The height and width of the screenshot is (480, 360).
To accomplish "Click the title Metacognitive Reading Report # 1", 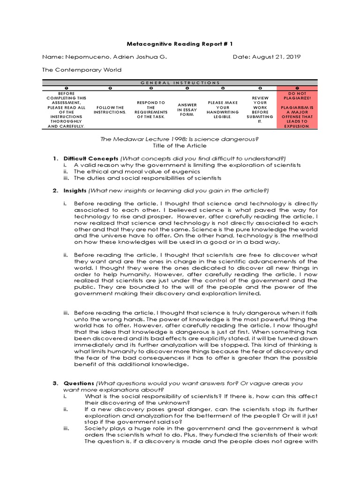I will [x=180, y=44].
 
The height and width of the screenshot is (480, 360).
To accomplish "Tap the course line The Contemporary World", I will [x=82, y=70].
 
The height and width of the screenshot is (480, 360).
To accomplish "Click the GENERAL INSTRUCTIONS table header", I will [x=180, y=82].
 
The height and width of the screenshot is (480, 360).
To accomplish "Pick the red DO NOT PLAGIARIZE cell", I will [x=297, y=110].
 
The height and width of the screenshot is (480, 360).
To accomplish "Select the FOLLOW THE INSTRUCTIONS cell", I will [x=110, y=110].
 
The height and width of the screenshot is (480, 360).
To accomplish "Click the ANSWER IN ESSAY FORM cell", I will [x=187, y=110].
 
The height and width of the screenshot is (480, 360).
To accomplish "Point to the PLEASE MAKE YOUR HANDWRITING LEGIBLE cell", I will [x=223, y=110].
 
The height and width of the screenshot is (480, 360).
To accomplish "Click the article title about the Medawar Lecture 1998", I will [x=180, y=139].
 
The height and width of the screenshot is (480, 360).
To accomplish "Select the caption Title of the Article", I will [x=180, y=146].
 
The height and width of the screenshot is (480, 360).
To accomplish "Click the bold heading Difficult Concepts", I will [x=84, y=158].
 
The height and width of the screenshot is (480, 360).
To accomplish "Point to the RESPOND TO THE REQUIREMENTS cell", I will [x=150, y=110].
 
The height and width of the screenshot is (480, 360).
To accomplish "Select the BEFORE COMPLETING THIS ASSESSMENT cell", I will [x=66, y=110].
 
